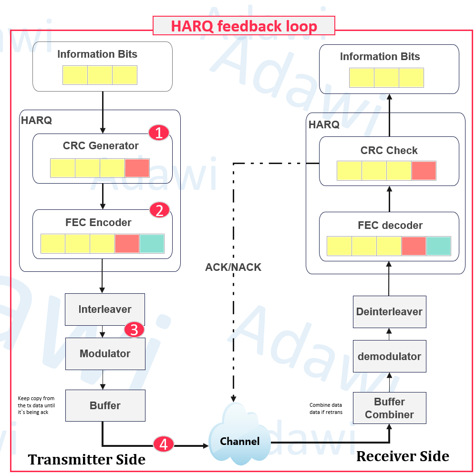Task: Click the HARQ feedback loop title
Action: coord(244,26)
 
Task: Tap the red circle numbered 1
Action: coord(159,133)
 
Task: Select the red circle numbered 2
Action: coord(159,210)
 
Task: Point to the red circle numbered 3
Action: coord(134,330)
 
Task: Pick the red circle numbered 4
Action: coord(164,444)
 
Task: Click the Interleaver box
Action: coord(105,310)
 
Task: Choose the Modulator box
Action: coord(105,354)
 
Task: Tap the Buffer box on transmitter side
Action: coord(105,406)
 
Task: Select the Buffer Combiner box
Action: coord(389,408)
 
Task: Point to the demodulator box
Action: coord(389,357)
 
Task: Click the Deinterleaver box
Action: coord(389,312)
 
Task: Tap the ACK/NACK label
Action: coord(233,268)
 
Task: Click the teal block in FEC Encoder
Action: coord(152,244)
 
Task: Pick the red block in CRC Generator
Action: coord(137,168)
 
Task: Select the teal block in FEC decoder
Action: coord(438,246)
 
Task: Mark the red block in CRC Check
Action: coord(424,171)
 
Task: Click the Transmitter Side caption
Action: coord(86,460)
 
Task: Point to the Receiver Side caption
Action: coord(403,456)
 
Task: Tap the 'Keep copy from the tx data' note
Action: coord(36,405)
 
